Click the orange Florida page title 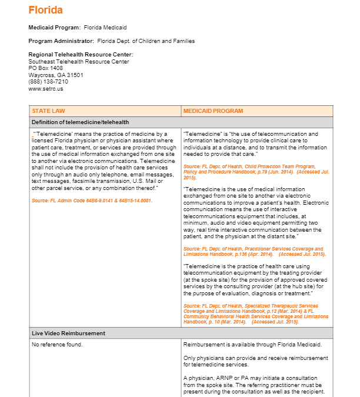45,11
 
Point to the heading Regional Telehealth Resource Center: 81,55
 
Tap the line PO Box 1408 45,68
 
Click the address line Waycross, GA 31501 55,75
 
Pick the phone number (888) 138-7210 48,82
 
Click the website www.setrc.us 45,88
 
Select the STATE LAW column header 48,111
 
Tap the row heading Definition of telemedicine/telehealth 80,122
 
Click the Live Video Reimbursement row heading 68,333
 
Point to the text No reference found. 57,344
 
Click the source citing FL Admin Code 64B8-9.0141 92,201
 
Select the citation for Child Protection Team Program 253,172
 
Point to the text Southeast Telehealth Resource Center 79,62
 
